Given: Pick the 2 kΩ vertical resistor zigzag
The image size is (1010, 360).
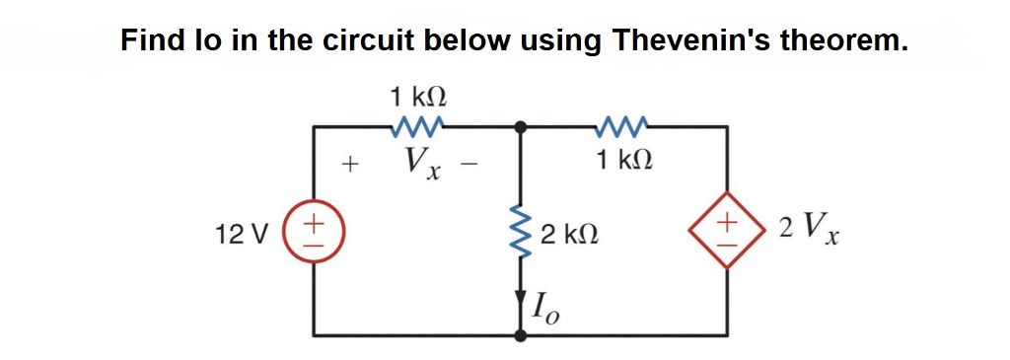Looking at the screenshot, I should coord(522,234).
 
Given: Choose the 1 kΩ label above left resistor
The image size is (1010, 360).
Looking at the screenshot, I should coord(418,97).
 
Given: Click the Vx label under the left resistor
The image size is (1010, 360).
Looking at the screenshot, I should coord(422,163).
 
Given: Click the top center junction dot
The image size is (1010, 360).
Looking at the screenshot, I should coord(522,126).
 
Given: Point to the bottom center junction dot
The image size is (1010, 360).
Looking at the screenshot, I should coord(522,335).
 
